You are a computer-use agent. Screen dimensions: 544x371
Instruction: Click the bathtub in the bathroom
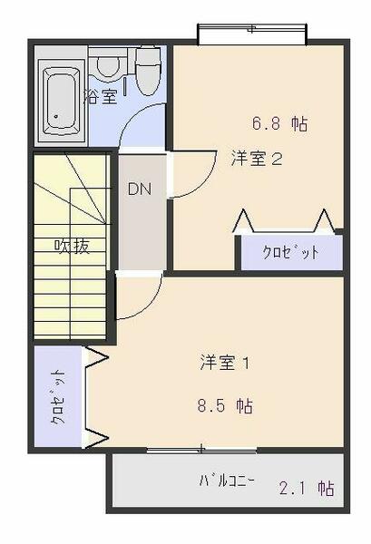[x=60, y=99]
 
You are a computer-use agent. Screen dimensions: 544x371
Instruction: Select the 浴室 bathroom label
[x=101, y=96]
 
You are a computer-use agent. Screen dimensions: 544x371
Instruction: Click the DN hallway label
[x=139, y=189]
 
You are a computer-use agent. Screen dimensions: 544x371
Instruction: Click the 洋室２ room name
[x=258, y=159]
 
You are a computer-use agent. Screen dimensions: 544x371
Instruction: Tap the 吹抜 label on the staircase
[x=72, y=246]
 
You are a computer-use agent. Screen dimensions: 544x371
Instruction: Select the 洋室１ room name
[x=225, y=364]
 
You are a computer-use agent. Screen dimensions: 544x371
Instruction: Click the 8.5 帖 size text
[x=226, y=404]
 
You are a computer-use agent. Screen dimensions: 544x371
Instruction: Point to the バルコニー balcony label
[x=227, y=481]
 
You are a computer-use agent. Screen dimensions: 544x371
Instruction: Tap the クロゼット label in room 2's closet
[x=290, y=253]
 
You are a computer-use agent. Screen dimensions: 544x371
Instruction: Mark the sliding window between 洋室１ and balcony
[x=201, y=449]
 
